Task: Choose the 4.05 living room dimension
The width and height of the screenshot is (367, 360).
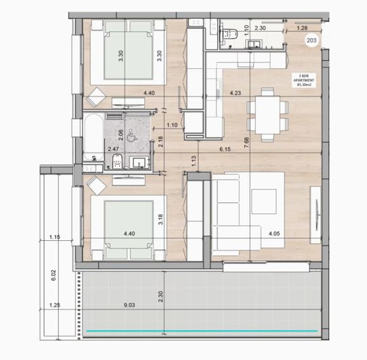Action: (275, 235)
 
